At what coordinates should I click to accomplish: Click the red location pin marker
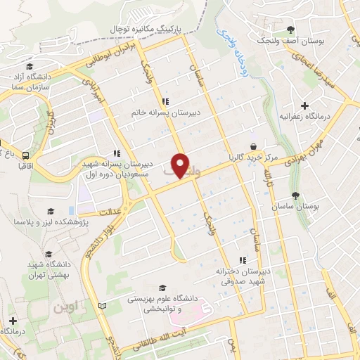click(x=181, y=165)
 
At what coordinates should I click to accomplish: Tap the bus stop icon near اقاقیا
click(x=25, y=155)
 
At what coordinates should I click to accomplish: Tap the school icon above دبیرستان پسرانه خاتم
click(x=165, y=100)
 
